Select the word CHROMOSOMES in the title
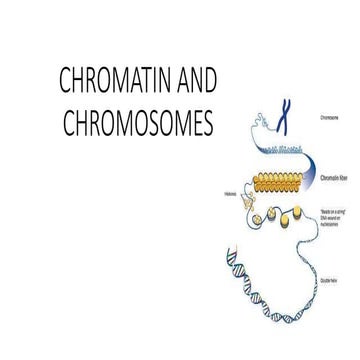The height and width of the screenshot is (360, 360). click(x=124, y=125)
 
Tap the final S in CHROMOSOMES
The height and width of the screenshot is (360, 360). click(x=208, y=125)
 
